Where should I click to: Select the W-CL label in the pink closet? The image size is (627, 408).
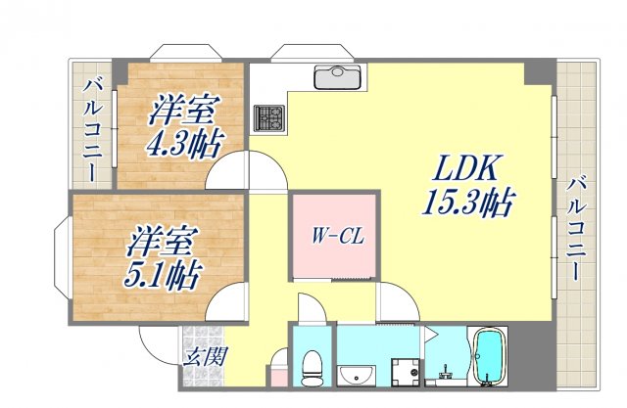click(334, 236)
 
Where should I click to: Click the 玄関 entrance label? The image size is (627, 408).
click(206, 355)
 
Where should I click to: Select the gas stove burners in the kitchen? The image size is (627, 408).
click(268, 118)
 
